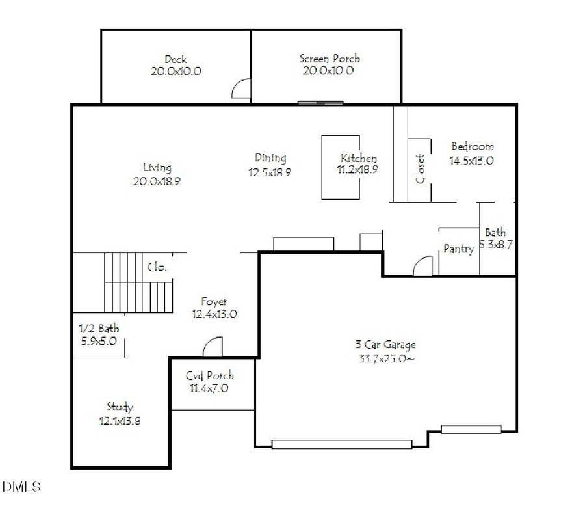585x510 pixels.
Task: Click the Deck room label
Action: pos(175,60)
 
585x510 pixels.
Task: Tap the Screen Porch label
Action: pos(329,59)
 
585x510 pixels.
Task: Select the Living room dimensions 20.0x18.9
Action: pos(157,182)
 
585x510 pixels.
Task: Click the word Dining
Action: pos(270,157)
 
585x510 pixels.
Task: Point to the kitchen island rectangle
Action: pos(341,167)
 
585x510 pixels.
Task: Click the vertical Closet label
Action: pos(421,168)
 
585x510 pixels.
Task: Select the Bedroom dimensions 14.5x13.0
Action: pos(471,160)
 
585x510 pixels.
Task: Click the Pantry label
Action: pos(458,249)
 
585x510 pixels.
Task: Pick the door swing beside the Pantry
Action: pos(422,265)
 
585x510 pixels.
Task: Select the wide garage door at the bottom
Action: pos(341,445)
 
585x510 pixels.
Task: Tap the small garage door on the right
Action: pos(471,429)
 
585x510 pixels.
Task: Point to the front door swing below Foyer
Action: pos(213,347)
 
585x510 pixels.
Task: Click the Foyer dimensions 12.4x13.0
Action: pos(214,314)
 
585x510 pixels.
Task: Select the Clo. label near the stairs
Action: pos(157,267)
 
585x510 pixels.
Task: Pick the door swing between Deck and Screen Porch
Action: pos(242,89)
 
